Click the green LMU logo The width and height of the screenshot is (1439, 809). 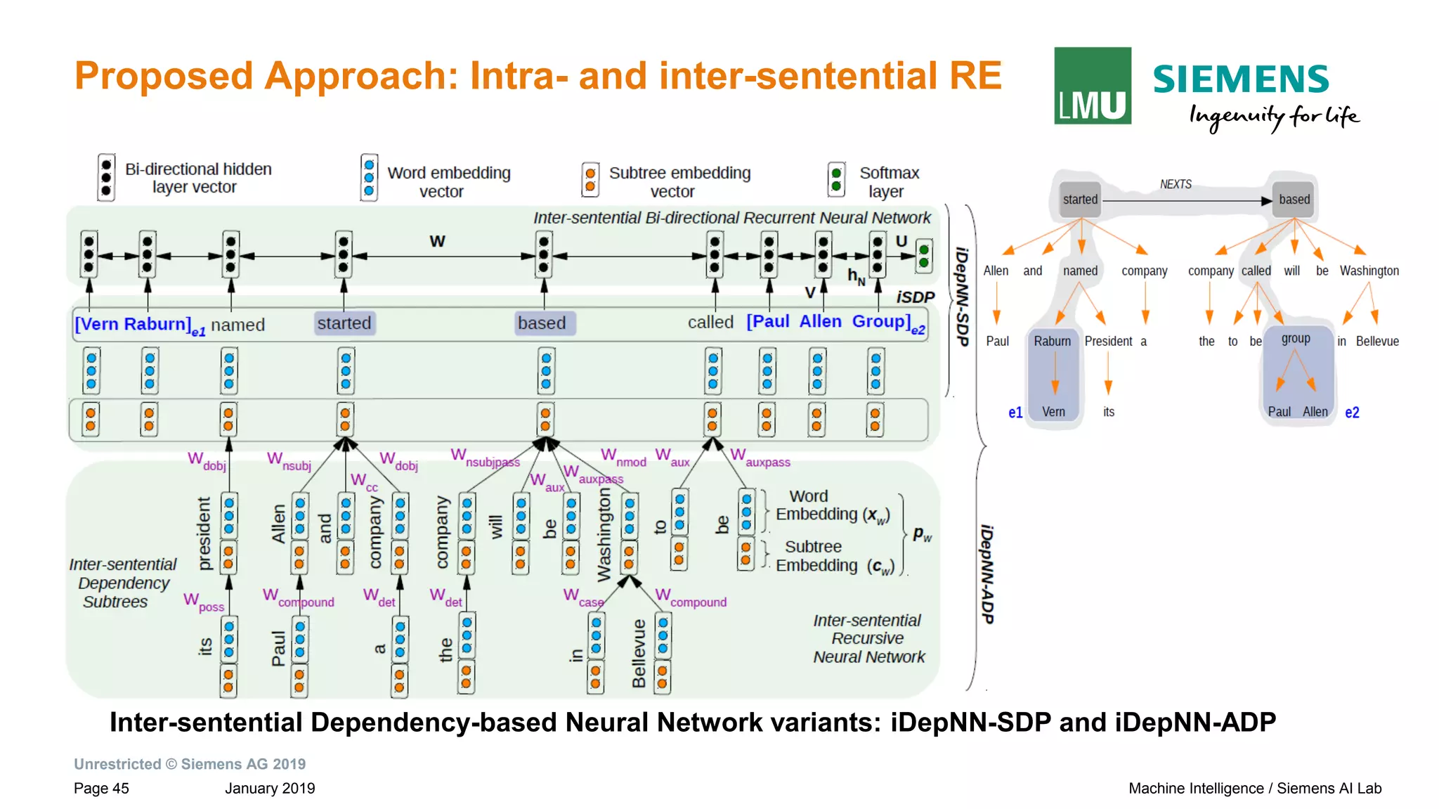coord(1092,86)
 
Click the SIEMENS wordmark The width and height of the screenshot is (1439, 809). coord(1240,79)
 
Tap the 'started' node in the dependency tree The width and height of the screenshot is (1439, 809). coord(1080,200)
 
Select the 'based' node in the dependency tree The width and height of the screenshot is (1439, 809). coord(1294,200)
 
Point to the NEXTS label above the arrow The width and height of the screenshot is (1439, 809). coord(1176,184)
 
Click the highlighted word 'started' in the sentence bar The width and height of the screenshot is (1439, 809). coord(344,323)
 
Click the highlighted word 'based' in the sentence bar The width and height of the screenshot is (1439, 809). coord(542,323)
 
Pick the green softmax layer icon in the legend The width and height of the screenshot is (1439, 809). coord(835,179)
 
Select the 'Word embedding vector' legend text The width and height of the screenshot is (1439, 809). coord(448,182)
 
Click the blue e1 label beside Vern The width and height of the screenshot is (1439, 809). coord(1015,413)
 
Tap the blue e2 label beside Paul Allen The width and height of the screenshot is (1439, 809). coord(1352,413)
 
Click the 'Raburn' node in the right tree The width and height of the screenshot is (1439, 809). coord(1052,342)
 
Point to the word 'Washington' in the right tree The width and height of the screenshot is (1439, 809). coord(1369,271)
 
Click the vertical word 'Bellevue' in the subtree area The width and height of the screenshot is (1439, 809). coord(639,654)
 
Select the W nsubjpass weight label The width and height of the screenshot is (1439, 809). coord(485,458)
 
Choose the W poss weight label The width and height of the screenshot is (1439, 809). coord(203,602)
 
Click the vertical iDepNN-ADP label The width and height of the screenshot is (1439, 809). coord(987,574)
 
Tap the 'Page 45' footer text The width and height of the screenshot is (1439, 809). coord(101,789)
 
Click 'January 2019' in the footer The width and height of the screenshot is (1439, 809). coord(270,789)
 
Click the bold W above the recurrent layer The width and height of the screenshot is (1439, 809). coord(437,241)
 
